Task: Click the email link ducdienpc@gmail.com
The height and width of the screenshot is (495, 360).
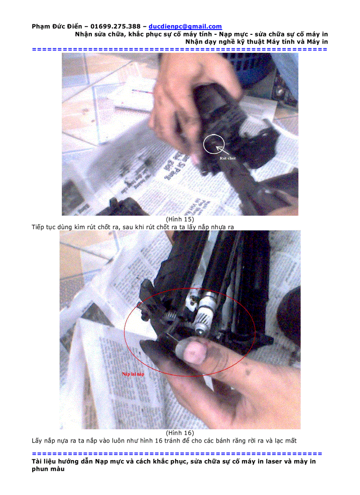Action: [185, 26]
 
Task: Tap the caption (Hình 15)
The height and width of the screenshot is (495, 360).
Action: [180, 219]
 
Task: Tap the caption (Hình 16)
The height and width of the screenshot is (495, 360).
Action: [180, 433]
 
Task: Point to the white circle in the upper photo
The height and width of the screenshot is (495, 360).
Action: [214, 144]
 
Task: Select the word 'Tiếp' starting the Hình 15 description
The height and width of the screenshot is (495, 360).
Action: [39, 227]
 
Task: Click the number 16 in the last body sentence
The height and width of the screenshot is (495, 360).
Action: [154, 440]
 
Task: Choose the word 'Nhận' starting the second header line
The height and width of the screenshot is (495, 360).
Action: [84, 34]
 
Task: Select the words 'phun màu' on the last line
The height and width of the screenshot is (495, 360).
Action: [48, 469]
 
